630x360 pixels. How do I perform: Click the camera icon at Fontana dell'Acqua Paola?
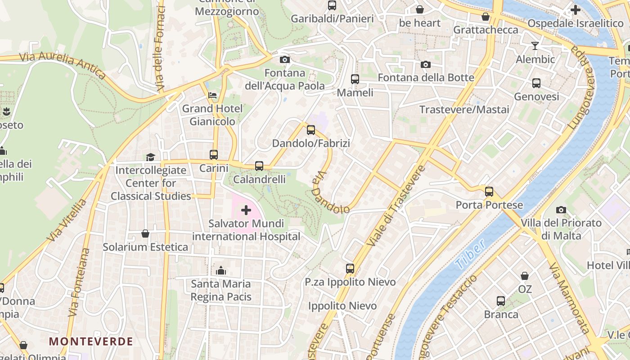coord(284,59)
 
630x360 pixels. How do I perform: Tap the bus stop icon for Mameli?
coord(355,79)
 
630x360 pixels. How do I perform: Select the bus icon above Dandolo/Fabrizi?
coord(311,130)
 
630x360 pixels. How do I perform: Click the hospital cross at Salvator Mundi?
coord(246,210)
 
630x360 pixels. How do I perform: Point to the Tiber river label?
coord(470,254)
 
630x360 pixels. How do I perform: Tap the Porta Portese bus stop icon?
coord(489,192)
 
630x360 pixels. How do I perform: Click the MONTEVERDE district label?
coord(91,341)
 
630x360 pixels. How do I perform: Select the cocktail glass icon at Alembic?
coord(535,46)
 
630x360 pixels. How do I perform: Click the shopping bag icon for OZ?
coord(525,276)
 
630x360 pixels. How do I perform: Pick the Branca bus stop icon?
coord(501,301)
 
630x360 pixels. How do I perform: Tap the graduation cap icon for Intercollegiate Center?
coord(150,157)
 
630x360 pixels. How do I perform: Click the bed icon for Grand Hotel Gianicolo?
coord(212,95)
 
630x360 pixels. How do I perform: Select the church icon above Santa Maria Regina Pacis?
coord(221,270)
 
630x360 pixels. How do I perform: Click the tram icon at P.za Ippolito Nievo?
coord(350,269)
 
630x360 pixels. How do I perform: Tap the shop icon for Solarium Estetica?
coord(145,234)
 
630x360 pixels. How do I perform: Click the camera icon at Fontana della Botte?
coord(426,65)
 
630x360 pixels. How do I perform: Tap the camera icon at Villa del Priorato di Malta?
coord(561,210)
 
